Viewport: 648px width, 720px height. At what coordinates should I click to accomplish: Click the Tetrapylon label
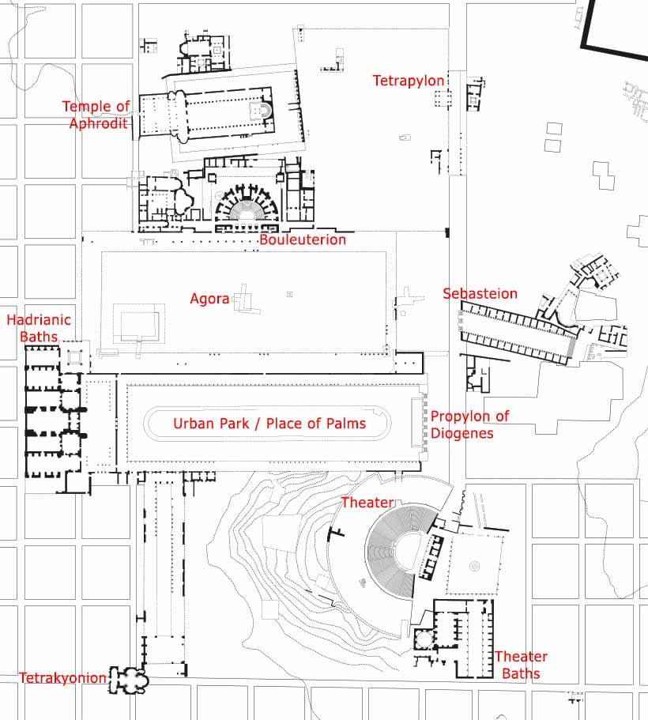click(409, 81)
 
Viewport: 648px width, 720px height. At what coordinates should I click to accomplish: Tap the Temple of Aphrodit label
click(96, 115)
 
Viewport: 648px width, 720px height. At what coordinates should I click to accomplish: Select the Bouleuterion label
click(303, 239)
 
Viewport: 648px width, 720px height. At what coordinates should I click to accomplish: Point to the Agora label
click(209, 299)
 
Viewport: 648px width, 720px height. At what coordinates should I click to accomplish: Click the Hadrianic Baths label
click(39, 328)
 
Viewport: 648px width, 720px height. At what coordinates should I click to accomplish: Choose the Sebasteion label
click(480, 293)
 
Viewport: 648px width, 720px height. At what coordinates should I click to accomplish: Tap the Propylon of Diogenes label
click(469, 424)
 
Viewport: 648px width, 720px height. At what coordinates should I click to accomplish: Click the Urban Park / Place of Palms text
click(269, 424)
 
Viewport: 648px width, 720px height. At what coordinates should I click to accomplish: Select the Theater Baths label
click(522, 665)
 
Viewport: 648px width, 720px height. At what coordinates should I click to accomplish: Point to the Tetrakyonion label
click(62, 678)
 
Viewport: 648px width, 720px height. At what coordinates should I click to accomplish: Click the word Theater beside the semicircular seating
click(367, 503)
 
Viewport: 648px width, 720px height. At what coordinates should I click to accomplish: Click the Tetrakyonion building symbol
click(129, 680)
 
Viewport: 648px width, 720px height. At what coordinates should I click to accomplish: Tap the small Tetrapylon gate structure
click(443, 98)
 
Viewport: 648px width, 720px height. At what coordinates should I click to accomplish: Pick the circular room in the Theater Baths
click(424, 639)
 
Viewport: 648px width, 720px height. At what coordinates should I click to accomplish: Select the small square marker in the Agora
click(289, 294)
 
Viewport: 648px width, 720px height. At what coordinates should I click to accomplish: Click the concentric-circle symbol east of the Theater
click(474, 566)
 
